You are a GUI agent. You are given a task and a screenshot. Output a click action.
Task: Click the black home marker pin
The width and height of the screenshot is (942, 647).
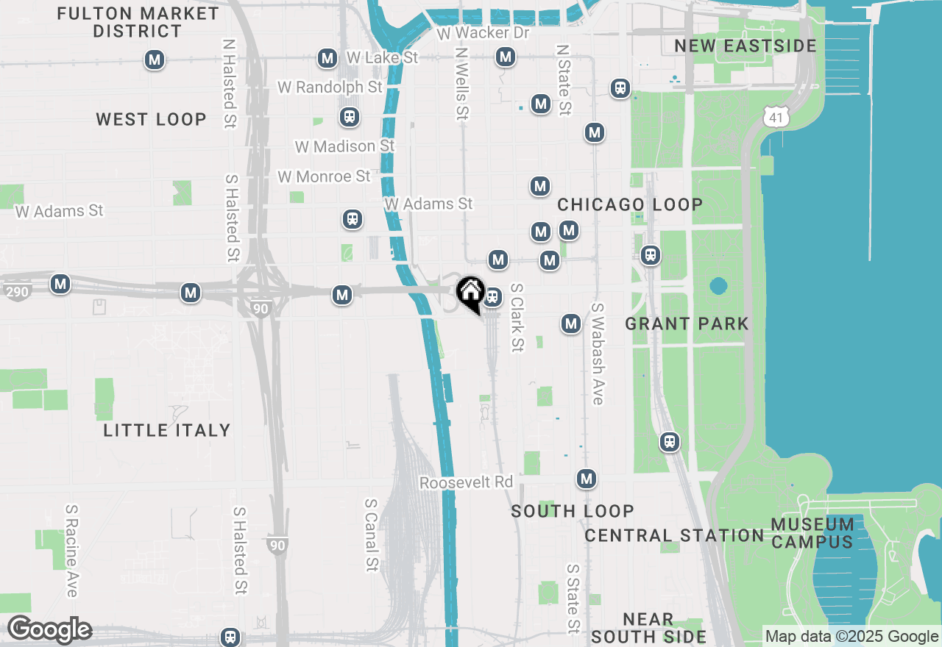(x=470, y=294)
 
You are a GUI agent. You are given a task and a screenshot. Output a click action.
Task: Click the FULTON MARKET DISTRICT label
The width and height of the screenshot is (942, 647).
(x=138, y=23)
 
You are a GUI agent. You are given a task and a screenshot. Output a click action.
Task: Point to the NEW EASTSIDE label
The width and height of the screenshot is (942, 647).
(x=746, y=46)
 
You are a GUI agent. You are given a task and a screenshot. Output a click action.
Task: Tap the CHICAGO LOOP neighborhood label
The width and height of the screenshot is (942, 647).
(x=630, y=204)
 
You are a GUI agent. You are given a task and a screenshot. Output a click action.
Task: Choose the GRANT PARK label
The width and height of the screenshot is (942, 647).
(x=687, y=323)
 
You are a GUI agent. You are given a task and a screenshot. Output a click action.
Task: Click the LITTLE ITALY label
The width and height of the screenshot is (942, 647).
(x=167, y=430)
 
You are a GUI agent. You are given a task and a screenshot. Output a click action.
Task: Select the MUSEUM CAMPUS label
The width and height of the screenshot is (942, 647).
(x=812, y=534)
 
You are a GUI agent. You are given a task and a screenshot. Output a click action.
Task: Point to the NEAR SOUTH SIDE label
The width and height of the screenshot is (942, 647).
(x=648, y=628)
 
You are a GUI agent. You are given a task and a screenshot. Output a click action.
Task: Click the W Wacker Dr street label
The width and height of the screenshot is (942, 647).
(x=483, y=33)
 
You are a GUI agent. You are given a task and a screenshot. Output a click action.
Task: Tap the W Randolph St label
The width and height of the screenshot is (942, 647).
(x=330, y=87)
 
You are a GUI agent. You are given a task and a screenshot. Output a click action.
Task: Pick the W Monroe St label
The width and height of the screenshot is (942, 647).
(x=324, y=176)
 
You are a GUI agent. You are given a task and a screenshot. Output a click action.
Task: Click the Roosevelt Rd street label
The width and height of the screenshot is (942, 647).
(x=466, y=482)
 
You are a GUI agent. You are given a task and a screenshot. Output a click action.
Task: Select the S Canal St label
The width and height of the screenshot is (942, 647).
(x=372, y=535)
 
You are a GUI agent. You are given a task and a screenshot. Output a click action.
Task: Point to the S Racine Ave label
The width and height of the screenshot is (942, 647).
(x=71, y=550)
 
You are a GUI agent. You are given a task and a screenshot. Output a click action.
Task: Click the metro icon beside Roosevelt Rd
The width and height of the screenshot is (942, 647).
(x=586, y=479)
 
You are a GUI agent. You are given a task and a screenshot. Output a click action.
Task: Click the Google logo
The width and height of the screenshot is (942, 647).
(x=49, y=630)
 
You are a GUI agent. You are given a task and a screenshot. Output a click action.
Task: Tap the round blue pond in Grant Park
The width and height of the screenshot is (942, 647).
(x=718, y=285)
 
